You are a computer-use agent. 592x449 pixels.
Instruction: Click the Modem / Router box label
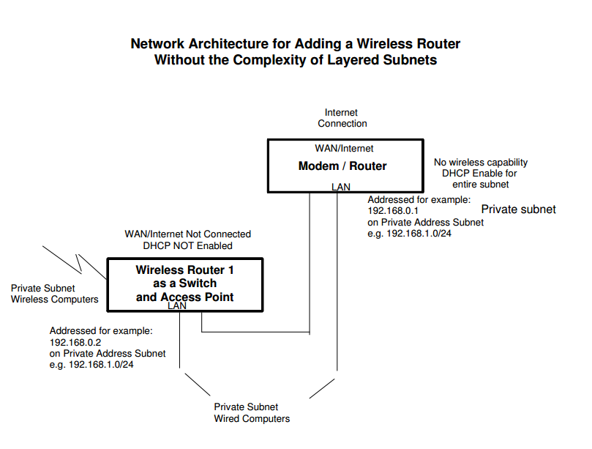coord(342,166)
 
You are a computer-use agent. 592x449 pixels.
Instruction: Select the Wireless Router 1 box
coord(185,283)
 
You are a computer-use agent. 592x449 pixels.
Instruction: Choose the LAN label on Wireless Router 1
coord(177,306)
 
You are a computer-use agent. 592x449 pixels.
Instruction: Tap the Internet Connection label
coord(342,118)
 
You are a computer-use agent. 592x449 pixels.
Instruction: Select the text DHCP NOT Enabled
coord(187,246)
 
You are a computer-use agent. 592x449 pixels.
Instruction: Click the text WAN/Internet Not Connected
coord(188,234)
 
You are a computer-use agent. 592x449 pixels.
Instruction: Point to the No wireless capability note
coord(480,163)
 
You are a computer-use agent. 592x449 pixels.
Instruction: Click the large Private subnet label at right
coord(518,209)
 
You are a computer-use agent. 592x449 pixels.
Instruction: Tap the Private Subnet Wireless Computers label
coord(54,294)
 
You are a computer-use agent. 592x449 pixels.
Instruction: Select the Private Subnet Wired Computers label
coord(251,412)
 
